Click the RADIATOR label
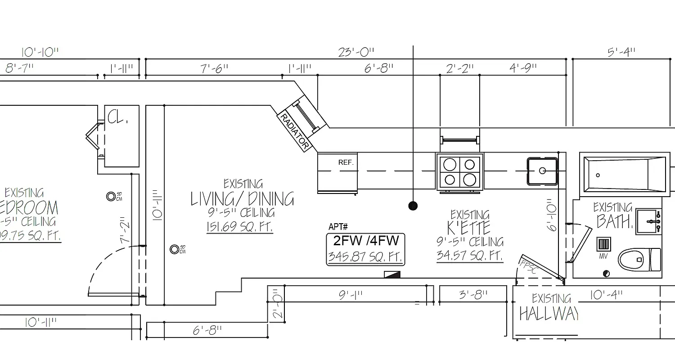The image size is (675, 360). (x=295, y=131)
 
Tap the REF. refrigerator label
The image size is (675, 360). (x=346, y=162)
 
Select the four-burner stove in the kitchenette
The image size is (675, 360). (x=459, y=171)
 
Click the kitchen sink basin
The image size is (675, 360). (x=543, y=171)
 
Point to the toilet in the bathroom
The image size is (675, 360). (x=639, y=260)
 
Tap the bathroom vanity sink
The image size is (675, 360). (x=648, y=221)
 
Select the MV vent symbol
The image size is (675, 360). (x=603, y=245)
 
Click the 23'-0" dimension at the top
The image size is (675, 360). (x=356, y=53)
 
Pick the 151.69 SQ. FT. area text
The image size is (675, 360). (x=239, y=227)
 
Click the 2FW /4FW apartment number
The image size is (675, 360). (x=366, y=241)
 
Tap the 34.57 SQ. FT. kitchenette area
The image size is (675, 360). (x=469, y=256)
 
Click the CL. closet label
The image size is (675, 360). (x=118, y=118)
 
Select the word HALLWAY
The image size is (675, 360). (x=548, y=314)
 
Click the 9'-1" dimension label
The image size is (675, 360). (x=351, y=295)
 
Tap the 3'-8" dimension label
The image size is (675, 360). (x=473, y=295)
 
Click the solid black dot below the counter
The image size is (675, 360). (x=413, y=206)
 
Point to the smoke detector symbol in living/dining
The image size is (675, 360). (x=175, y=249)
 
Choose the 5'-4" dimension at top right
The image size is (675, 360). (x=621, y=53)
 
